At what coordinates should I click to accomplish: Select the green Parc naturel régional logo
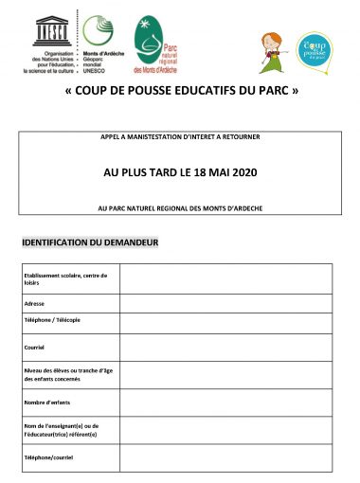tap(146, 33)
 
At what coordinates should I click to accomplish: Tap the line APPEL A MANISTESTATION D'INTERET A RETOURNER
tap(179, 138)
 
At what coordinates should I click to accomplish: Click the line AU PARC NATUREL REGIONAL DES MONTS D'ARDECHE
tap(179, 207)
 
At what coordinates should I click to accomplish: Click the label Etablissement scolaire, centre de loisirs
tap(65, 279)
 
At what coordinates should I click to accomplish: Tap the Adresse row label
tap(36, 303)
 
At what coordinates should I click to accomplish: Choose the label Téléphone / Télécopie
tap(53, 320)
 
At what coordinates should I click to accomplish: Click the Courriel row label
tap(36, 348)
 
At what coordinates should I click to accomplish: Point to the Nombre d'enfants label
tap(46, 403)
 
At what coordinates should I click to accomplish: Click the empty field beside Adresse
tap(225, 303)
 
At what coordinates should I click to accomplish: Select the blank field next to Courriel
tap(225, 348)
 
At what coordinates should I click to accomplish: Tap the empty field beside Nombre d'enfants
tap(225, 403)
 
